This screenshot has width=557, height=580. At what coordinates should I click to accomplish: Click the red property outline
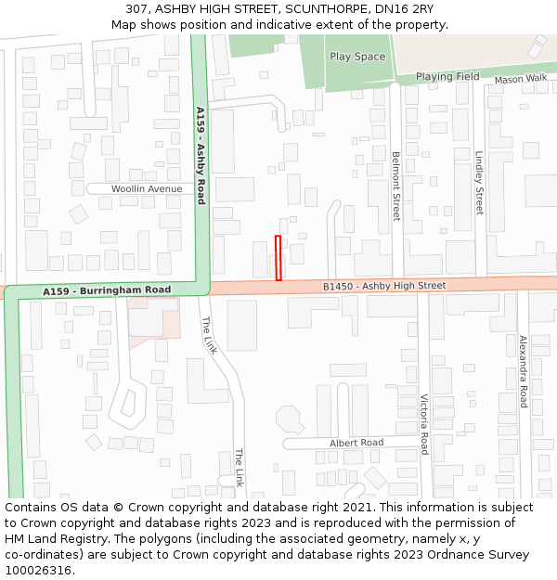tap(278, 257)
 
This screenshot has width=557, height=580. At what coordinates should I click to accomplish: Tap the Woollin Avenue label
tap(147, 188)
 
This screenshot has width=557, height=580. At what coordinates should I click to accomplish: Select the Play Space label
tap(357, 57)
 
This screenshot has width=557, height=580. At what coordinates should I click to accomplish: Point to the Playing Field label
tap(447, 77)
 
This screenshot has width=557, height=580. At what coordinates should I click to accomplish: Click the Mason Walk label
tap(521, 80)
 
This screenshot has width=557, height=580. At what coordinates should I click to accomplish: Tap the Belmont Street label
tap(395, 186)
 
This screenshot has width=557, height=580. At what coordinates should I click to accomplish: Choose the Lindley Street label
tap(479, 183)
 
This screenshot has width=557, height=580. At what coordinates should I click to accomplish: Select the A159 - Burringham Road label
tap(107, 291)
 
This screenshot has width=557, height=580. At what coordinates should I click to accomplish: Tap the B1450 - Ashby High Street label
tap(384, 286)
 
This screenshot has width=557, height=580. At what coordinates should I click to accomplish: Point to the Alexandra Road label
tap(523, 371)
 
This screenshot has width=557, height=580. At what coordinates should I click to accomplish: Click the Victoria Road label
tap(424, 424)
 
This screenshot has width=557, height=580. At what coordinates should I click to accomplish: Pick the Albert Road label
tap(356, 443)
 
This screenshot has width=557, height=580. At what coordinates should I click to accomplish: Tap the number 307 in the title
tap(136, 8)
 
